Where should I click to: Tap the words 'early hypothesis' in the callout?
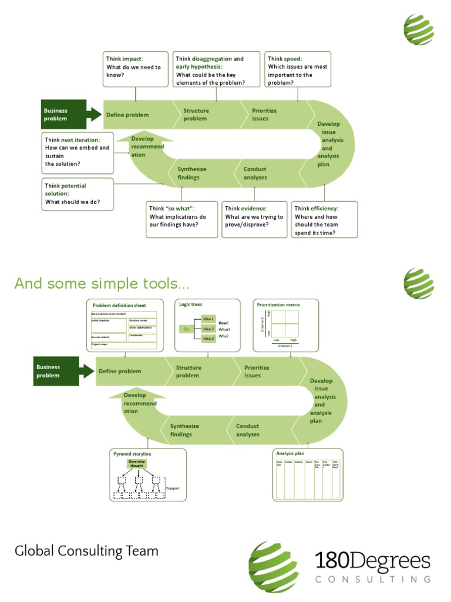point(198,67)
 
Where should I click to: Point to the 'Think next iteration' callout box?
point(78,152)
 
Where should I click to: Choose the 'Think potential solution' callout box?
point(78,195)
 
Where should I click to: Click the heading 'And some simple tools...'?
point(102,284)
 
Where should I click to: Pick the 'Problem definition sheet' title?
point(119,305)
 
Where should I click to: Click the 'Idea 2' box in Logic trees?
point(208,329)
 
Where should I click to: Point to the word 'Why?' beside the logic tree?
point(224,337)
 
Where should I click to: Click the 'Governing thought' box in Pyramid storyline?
point(136,464)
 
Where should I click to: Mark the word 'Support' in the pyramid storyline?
point(173,488)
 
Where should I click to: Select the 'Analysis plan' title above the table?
point(290,453)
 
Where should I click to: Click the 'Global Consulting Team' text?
point(86,551)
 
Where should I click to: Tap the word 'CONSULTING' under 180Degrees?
point(373,579)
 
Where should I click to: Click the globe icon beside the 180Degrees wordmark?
point(274,567)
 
